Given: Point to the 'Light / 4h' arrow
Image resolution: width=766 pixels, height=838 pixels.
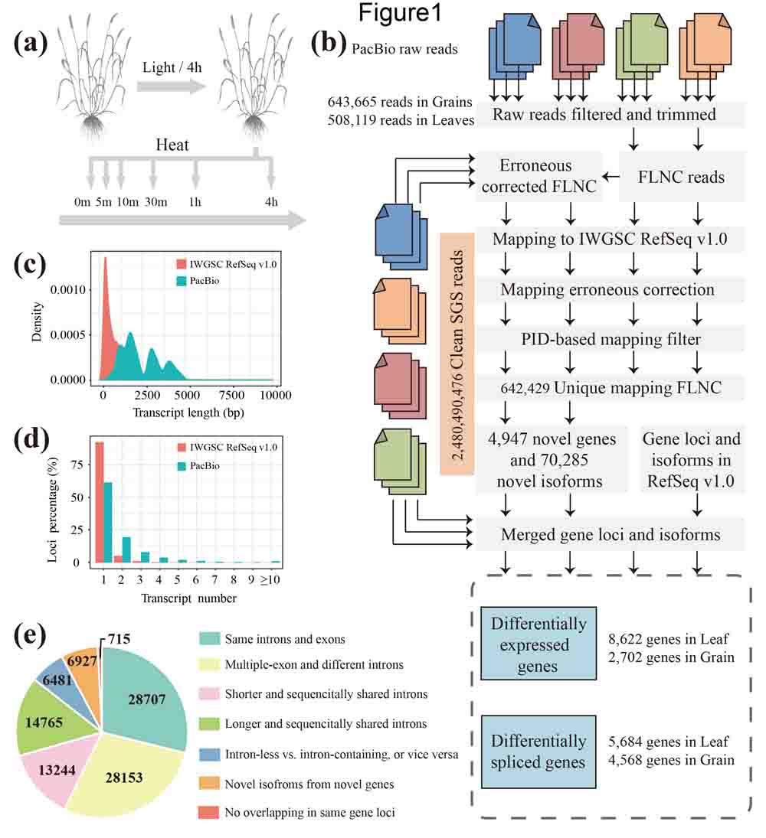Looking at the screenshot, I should tap(173, 86).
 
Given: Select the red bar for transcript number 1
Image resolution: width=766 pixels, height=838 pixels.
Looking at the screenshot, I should tap(100, 502).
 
